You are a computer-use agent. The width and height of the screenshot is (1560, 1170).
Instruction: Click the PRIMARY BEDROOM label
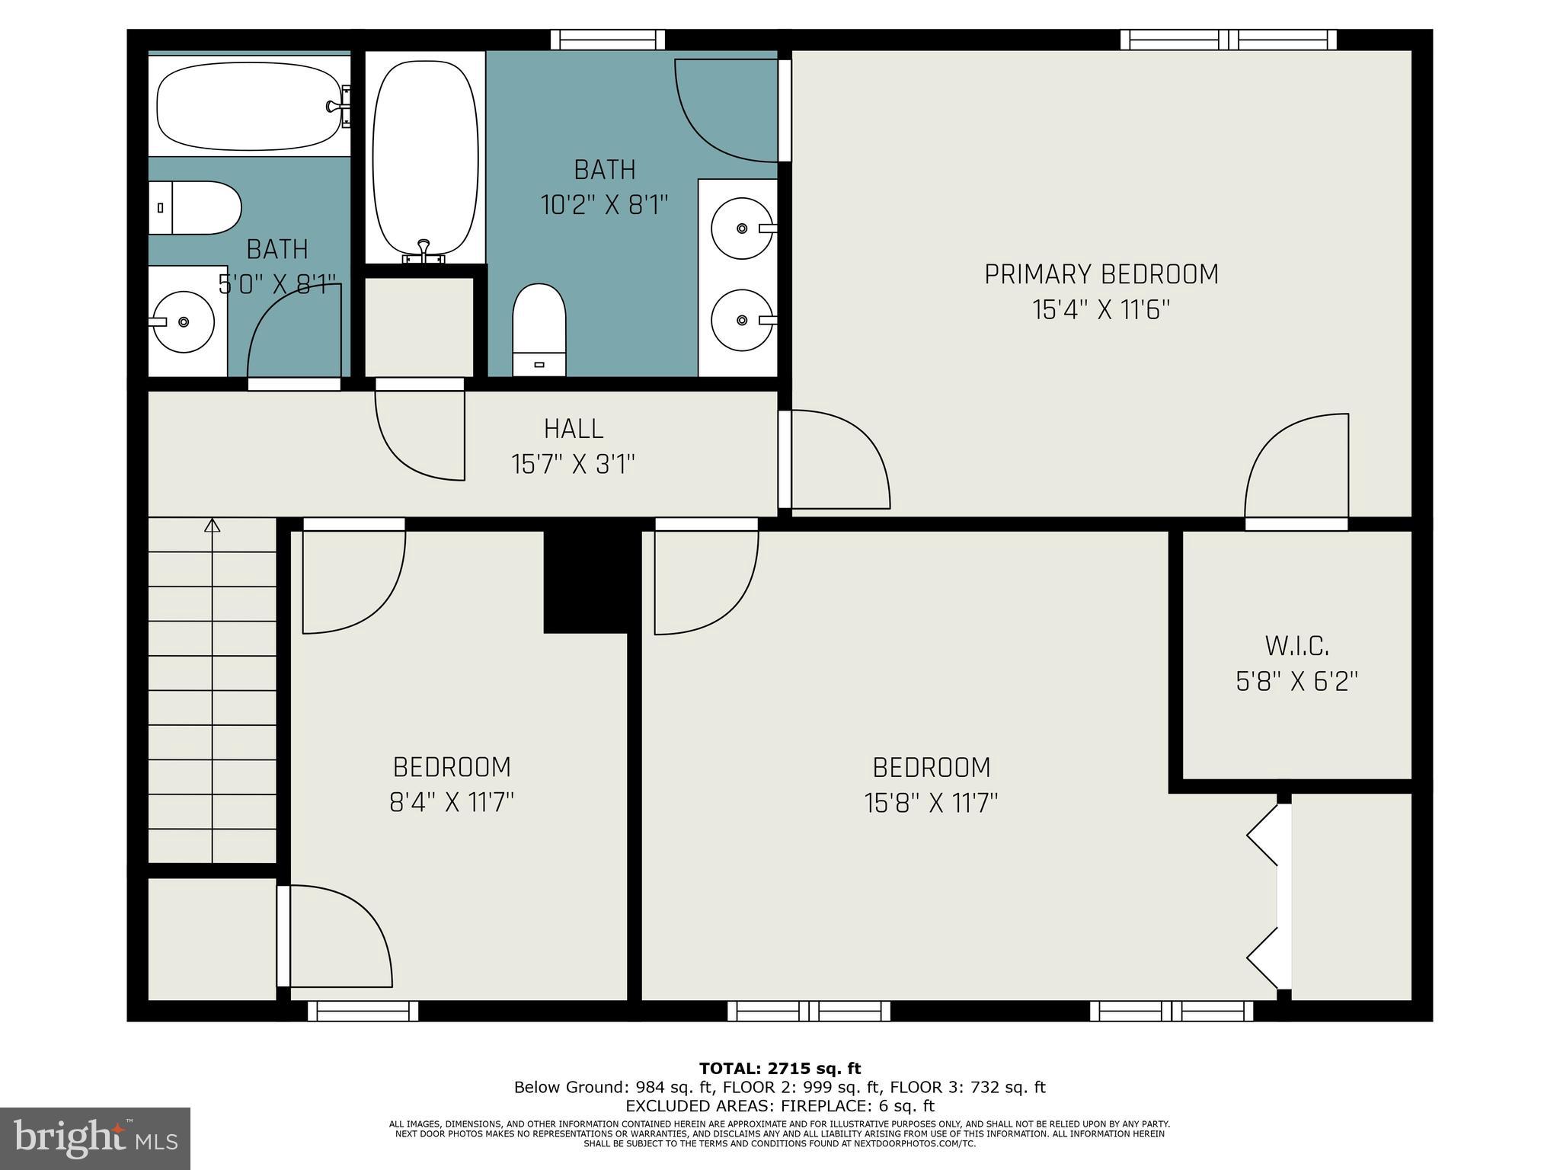(1101, 274)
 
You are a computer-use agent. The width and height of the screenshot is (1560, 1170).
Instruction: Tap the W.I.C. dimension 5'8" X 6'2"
(1296, 681)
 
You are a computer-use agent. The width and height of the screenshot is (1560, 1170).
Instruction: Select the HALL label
(574, 429)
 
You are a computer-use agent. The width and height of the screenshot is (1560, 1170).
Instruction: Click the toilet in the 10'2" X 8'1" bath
(539, 329)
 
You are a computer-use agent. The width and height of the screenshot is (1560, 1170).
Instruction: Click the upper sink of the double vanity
(740, 228)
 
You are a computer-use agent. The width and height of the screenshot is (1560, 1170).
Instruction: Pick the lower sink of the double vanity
(740, 320)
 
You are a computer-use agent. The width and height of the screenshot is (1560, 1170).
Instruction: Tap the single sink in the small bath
(184, 322)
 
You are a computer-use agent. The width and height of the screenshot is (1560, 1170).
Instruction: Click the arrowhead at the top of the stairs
(213, 525)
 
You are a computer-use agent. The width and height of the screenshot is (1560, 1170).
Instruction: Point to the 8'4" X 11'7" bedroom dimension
(452, 803)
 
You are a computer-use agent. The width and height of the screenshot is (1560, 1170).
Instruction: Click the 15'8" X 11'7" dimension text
(931, 803)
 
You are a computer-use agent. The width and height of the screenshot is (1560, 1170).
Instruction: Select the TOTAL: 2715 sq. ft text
(780, 1069)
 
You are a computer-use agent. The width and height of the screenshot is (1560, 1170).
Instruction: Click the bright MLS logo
(95, 1138)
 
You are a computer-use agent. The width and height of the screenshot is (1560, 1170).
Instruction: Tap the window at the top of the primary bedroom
(1228, 40)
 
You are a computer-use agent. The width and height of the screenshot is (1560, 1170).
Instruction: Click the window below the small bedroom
(363, 1011)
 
